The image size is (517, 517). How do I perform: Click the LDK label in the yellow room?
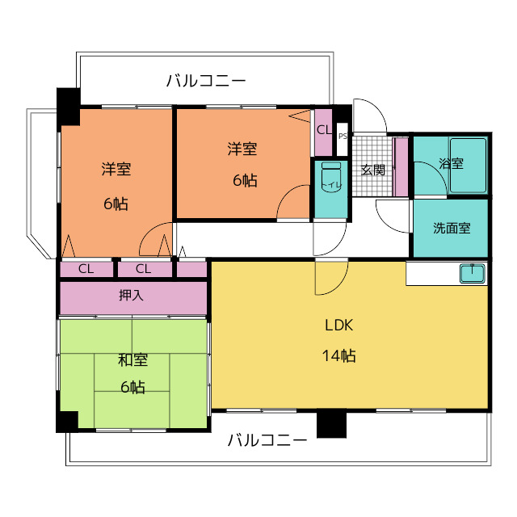(x=338, y=325)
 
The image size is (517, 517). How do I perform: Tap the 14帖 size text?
(x=338, y=355)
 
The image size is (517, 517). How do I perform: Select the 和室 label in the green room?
(x=132, y=359)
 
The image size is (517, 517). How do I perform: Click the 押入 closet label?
(x=131, y=295)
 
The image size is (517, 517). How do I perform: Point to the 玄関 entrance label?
(x=372, y=170)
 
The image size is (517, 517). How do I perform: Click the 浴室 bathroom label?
(x=451, y=163)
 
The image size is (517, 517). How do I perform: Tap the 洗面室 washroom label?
(x=452, y=228)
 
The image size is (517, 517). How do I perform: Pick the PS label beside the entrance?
(x=343, y=136)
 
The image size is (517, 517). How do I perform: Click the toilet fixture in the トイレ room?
(x=331, y=176)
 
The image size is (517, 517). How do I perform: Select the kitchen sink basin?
(x=473, y=274)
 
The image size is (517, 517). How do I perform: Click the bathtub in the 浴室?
(x=468, y=166)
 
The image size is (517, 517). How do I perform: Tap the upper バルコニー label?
(x=206, y=81)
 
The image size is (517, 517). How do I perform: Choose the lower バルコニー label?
(x=267, y=440)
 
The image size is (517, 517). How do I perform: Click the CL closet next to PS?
(x=323, y=132)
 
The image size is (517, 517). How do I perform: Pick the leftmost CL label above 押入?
(x=86, y=269)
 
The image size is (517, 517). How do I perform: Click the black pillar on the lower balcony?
(x=331, y=423)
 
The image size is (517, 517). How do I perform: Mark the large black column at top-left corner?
(x=69, y=107)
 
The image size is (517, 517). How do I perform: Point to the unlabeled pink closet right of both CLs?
(x=191, y=269)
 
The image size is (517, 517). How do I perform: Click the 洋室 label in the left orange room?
(x=116, y=169)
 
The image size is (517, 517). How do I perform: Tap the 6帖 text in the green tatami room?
(x=132, y=387)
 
